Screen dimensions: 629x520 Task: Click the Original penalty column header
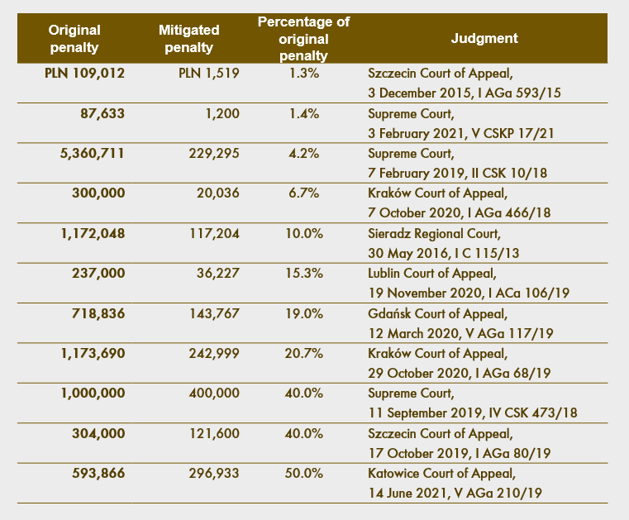click(x=74, y=39)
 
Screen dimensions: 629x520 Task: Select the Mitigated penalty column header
click(x=189, y=39)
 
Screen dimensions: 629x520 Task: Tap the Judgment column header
click(x=484, y=38)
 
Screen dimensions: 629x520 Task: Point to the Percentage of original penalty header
click(x=303, y=39)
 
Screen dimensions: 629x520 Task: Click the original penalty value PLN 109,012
click(x=84, y=73)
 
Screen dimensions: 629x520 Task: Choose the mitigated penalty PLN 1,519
click(x=209, y=73)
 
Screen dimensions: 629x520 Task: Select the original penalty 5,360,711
click(x=93, y=153)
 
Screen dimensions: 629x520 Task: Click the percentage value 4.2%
click(x=303, y=153)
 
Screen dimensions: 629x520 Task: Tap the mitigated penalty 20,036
click(x=218, y=193)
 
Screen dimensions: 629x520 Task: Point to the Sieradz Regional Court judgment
click(x=444, y=243)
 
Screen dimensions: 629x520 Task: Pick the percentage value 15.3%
click(x=303, y=274)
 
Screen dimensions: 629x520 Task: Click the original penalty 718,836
click(x=98, y=313)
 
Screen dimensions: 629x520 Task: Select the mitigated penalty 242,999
click(x=214, y=354)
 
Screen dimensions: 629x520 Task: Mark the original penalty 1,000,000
click(x=93, y=394)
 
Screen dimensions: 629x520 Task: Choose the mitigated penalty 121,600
click(x=214, y=433)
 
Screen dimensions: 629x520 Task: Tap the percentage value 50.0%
click(x=303, y=474)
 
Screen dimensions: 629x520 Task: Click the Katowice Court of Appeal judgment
click(x=455, y=483)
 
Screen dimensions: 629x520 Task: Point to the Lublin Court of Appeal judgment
click(x=469, y=283)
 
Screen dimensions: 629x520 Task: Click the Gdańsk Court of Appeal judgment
click(x=460, y=323)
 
